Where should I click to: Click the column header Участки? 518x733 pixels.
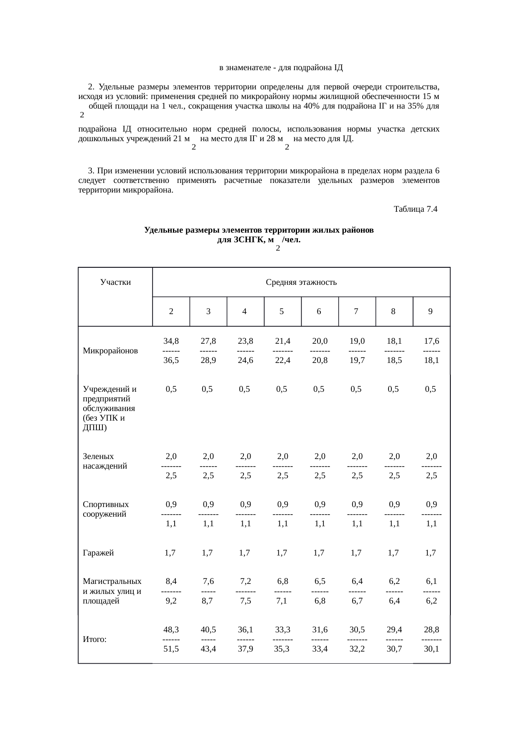coord(116,282)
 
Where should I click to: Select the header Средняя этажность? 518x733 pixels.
coord(301,282)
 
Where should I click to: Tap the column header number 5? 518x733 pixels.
coord(282,311)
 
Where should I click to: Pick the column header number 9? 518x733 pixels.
coord(430,311)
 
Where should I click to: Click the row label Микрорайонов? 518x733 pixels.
coord(110,351)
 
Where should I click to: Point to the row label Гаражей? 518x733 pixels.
coord(99,553)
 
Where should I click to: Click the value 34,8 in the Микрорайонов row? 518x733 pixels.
coord(171,341)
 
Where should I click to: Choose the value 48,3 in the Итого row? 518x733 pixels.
coord(171,629)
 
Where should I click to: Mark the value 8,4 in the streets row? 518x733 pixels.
coord(171,581)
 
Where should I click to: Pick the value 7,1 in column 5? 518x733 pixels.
coord(282,601)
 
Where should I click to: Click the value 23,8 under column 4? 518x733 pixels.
coord(245,341)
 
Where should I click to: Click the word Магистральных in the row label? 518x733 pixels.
coord(112,581)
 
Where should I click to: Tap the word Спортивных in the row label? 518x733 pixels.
coord(106,505)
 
